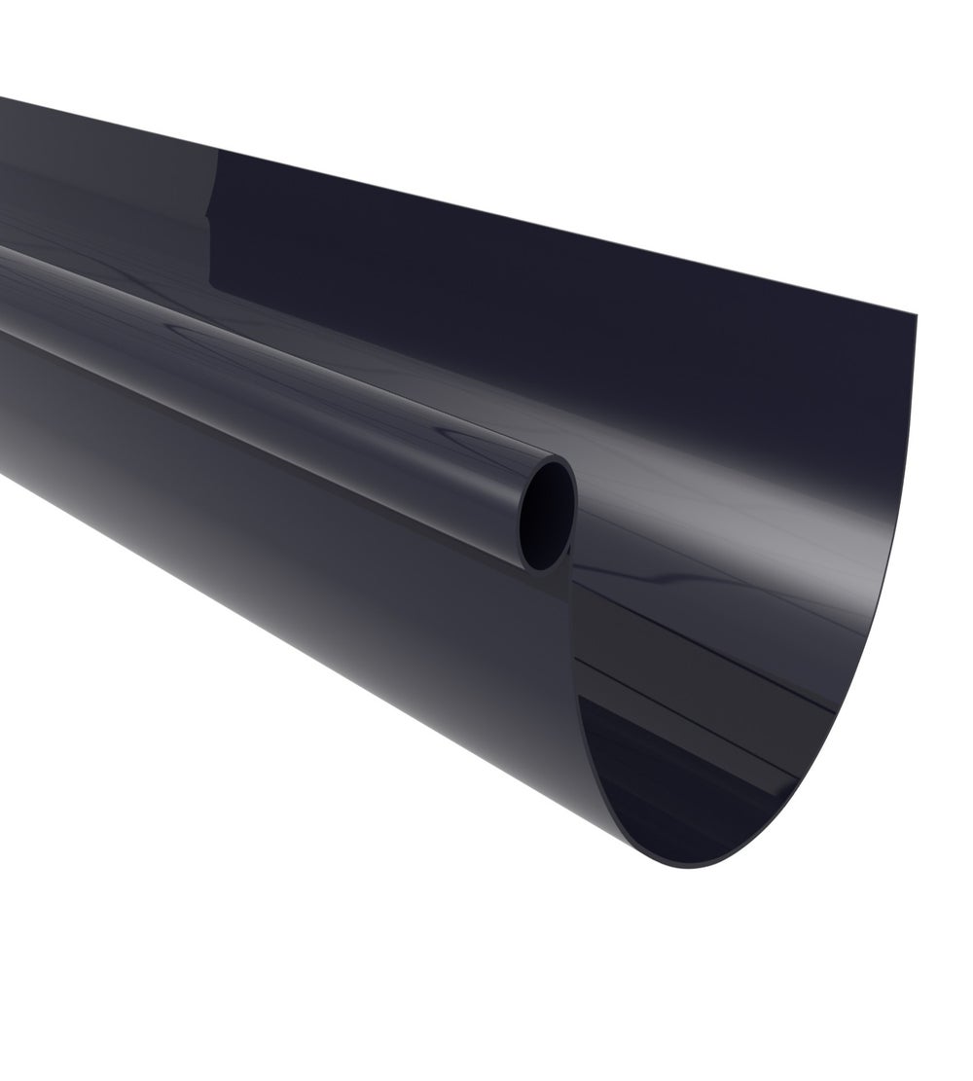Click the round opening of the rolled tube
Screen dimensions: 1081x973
[547, 514]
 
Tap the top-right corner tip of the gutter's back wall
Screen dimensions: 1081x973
[916, 314]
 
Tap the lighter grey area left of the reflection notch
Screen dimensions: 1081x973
[117, 195]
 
